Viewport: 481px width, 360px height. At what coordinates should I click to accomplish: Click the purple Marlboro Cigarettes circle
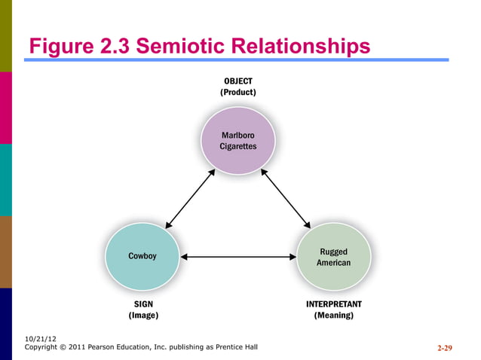pos(237,141)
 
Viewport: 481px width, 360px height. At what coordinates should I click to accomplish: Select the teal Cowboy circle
pos(142,257)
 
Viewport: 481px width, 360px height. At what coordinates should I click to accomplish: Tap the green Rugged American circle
pos(333,257)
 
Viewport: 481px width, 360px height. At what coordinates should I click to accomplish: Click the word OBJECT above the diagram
pos(237,80)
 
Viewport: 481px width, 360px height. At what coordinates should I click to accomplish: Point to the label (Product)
pos(237,92)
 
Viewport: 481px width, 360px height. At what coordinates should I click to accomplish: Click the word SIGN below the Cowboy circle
pos(143,304)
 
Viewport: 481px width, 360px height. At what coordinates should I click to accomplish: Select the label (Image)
pos(143,316)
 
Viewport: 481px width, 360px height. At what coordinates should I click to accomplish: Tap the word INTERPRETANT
pos(333,304)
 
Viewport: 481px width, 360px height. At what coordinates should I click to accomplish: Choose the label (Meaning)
pos(333,316)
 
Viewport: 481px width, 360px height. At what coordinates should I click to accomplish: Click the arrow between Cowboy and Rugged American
pos(238,257)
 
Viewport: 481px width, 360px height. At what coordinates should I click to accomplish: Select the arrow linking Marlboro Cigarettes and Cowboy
pos(191,199)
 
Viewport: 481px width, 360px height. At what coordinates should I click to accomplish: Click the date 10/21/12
pos(40,339)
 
